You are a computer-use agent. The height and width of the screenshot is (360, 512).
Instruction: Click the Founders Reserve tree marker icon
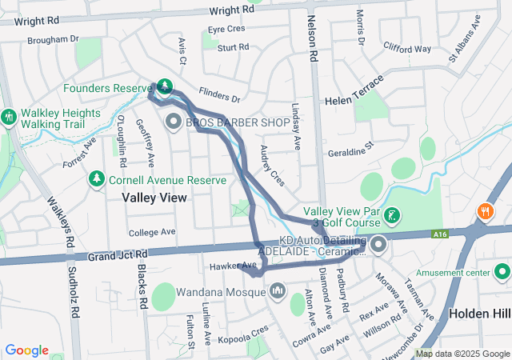pos(164,86)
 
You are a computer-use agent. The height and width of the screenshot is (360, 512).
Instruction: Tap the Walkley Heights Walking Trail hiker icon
pos(9,116)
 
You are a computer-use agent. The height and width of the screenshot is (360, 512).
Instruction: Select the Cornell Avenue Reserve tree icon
pos(97,177)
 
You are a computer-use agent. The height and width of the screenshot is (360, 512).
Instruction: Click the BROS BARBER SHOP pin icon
pos(174,122)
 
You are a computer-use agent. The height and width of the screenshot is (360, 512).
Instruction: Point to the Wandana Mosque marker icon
pos(277,289)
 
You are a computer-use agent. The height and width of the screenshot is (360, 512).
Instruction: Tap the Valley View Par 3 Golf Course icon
pos(391,214)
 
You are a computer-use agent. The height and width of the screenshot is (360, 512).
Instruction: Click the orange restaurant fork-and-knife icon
pos(484,212)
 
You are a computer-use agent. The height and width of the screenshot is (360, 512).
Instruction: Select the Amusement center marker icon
pos(502,273)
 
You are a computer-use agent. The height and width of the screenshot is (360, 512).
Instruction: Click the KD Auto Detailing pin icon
pos(378,244)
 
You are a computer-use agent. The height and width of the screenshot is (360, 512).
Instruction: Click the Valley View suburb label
pos(154,197)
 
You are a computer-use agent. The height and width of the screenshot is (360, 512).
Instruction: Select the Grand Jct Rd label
pos(118,255)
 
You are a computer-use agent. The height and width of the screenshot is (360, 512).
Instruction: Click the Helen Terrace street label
pos(355,102)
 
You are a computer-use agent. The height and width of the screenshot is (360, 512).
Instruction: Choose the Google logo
pos(26,350)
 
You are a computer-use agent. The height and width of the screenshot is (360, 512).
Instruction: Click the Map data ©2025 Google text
pos(462,354)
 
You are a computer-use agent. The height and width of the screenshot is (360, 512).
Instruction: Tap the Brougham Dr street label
pos(53,38)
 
